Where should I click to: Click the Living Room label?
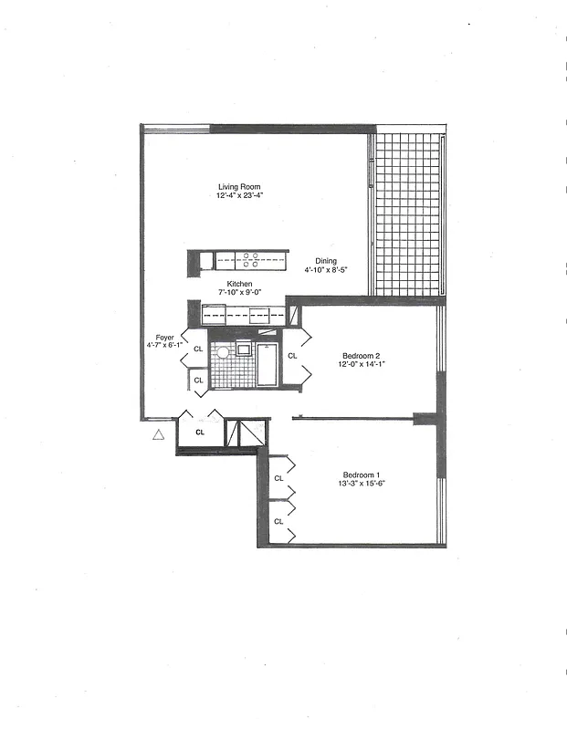pyautogui.click(x=238, y=187)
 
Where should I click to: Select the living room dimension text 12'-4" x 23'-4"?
pyautogui.click(x=240, y=196)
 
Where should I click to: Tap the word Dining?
pyautogui.click(x=325, y=260)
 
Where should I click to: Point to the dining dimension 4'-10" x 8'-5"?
pyautogui.click(x=325, y=269)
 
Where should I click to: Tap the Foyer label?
pyautogui.click(x=164, y=337)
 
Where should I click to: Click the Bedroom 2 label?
pyautogui.click(x=362, y=355)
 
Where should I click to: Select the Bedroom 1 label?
pyautogui.click(x=362, y=474)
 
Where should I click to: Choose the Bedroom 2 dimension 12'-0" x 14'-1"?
pyautogui.click(x=362, y=364)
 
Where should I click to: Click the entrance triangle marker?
pyautogui.click(x=158, y=436)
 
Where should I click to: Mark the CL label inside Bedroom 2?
pyautogui.click(x=292, y=356)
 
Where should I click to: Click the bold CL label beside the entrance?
pyautogui.click(x=199, y=433)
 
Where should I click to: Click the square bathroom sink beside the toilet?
pyautogui.click(x=245, y=349)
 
